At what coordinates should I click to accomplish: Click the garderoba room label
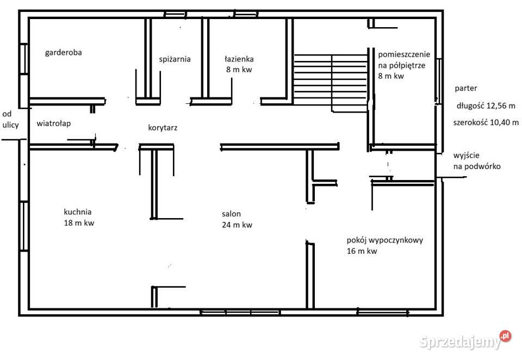pyautogui.click(x=63, y=53)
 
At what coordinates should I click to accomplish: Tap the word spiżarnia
pyautogui.click(x=175, y=60)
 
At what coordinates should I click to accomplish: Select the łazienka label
pyautogui.click(x=239, y=59)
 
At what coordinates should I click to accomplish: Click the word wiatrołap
pyautogui.click(x=54, y=123)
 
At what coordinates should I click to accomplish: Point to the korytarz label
pyautogui.click(x=163, y=128)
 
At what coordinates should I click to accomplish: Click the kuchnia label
pyautogui.click(x=78, y=212)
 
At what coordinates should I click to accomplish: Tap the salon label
pyautogui.click(x=232, y=214)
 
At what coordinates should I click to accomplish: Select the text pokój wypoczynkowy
pyautogui.click(x=385, y=240)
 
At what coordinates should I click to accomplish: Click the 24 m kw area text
pyautogui.click(x=237, y=225)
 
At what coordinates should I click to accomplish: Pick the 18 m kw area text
pyautogui.click(x=79, y=223)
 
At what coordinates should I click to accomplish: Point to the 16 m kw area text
pyautogui.click(x=362, y=251)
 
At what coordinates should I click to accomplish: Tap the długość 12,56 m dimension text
pyautogui.click(x=486, y=106)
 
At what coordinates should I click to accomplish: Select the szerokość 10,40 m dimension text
pyautogui.click(x=486, y=122)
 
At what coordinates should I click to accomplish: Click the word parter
pyautogui.click(x=466, y=89)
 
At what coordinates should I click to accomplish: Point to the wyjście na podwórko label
pyautogui.click(x=477, y=161)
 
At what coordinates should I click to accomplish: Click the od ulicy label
pyautogui.click(x=10, y=120)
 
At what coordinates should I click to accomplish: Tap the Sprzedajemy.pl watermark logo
pyautogui.click(x=465, y=340)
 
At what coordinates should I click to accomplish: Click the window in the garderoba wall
pyautogui.click(x=23, y=59)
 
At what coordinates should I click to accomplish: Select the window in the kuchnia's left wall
pyautogui.click(x=23, y=226)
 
